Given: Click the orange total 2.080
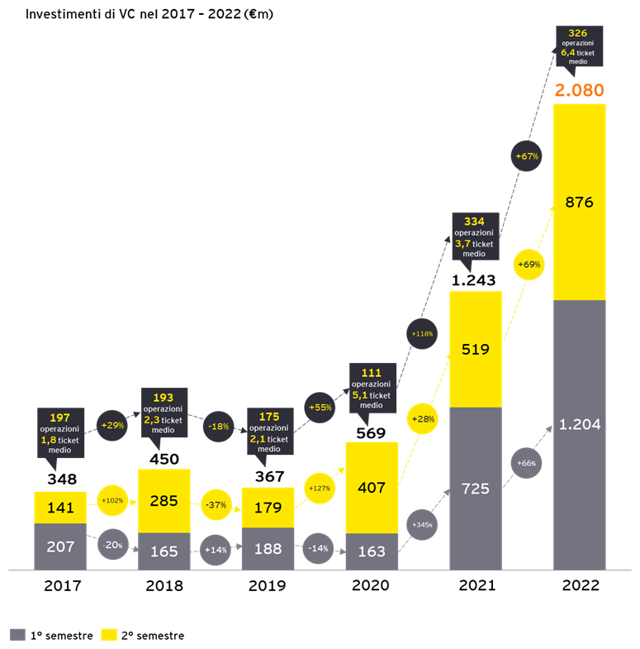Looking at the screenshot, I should [579, 90].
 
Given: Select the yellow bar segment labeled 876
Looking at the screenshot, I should [579, 202].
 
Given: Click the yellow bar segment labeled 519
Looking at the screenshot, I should [475, 349].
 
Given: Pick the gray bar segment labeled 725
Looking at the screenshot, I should [475, 489].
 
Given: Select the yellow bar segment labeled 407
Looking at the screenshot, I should [372, 488].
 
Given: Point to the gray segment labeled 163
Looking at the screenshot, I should [372, 551].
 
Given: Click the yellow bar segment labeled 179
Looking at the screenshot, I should [268, 508].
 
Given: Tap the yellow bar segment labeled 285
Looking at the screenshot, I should [164, 501].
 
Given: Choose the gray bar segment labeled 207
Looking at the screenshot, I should [60, 546].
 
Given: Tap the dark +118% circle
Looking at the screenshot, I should [422, 333].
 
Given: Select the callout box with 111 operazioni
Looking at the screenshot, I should [371, 387].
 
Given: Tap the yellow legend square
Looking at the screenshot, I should [109, 634].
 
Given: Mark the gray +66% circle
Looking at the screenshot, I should [526, 463].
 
